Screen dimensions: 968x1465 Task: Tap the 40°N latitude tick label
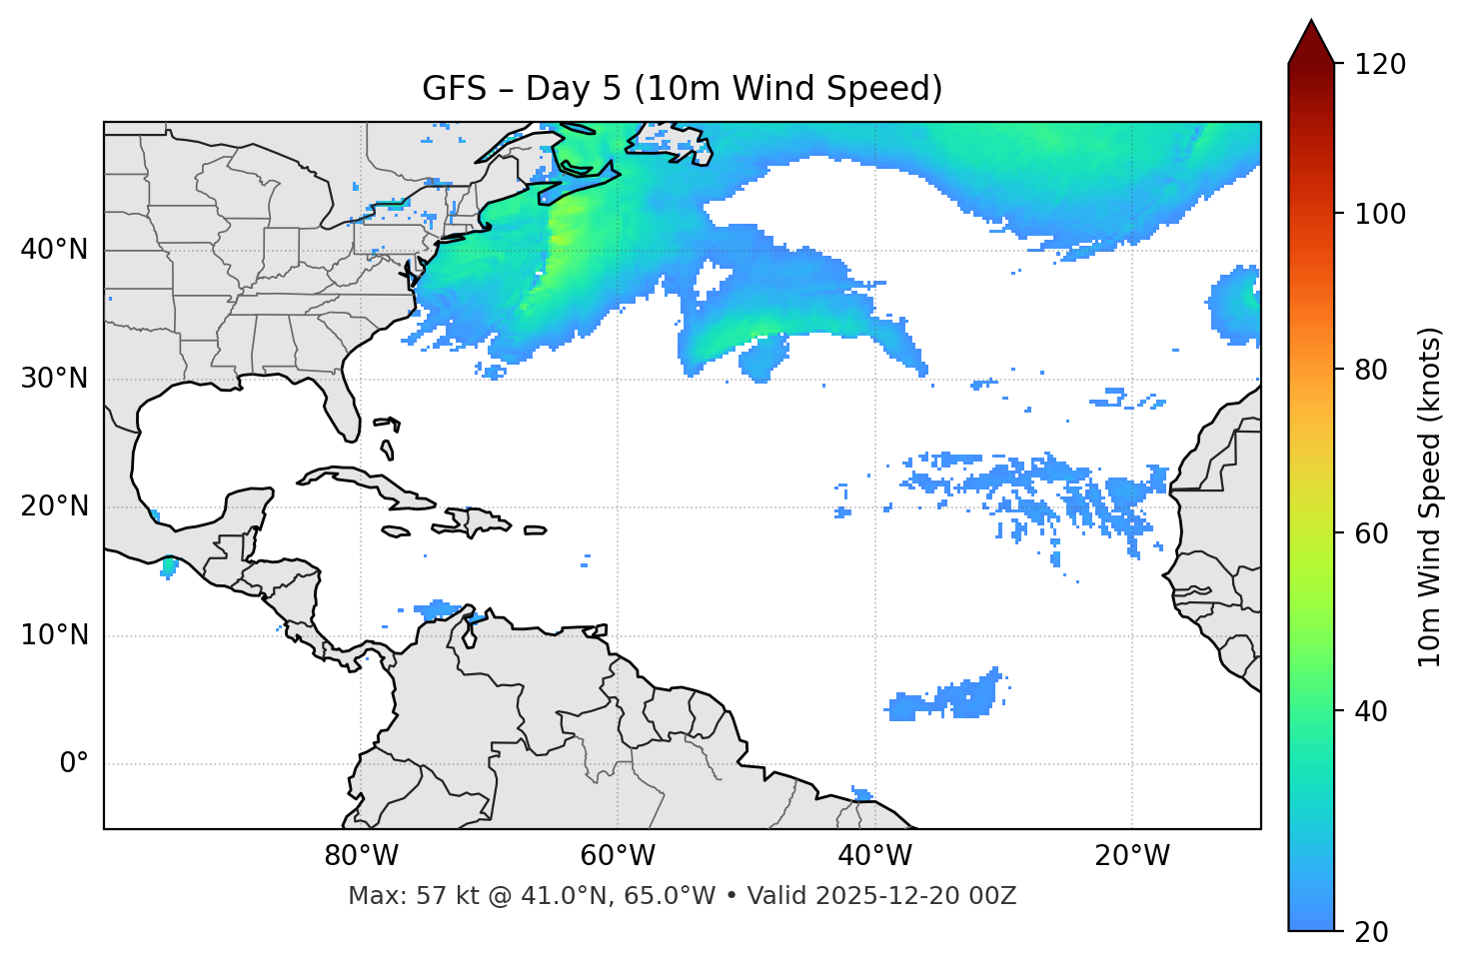[54, 249]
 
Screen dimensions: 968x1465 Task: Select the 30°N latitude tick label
[54, 379]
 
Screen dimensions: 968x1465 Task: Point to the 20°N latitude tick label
[54, 506]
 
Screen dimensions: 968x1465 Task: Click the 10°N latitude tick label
[54, 635]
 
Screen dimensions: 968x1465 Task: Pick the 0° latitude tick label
[74, 764]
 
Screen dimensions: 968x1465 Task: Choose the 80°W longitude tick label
[361, 856]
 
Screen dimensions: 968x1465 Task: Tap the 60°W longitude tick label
[618, 856]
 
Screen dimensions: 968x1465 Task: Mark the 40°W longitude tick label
[874, 856]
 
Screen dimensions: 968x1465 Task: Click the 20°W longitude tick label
[1131, 856]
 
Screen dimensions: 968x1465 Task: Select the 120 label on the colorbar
[1380, 65]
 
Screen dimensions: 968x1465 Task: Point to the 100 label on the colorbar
[1380, 214]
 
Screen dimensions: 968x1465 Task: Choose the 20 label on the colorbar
[1372, 932]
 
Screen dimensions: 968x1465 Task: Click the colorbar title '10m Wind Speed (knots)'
[1430, 497]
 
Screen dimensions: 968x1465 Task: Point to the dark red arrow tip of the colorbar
[1311, 38]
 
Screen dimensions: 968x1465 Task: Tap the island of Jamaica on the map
[397, 531]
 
